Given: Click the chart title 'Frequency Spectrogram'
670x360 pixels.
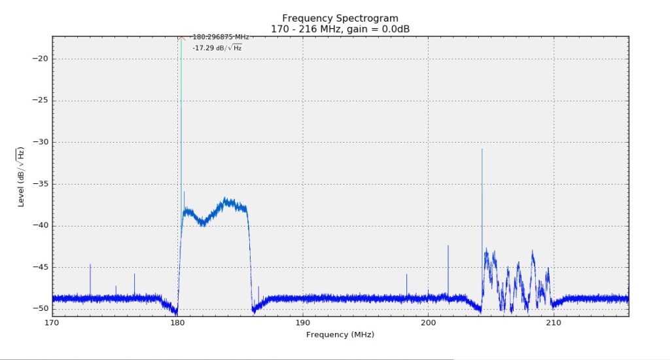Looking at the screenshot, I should tap(340, 18).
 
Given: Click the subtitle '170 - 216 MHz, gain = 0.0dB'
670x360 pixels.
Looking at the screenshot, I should tap(340, 28).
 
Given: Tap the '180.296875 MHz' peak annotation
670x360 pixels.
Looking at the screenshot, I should tap(220, 37).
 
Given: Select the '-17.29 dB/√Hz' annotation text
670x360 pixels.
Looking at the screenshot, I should tap(217, 48).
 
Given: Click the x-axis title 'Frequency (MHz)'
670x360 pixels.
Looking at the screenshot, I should tap(340, 334).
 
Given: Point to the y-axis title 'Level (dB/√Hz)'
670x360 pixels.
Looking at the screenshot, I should tap(21, 177).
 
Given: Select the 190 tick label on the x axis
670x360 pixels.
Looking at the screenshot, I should tap(303, 323).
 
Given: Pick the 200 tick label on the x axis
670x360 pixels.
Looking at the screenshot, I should tap(428, 323).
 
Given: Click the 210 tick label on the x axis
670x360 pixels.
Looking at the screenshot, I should tap(554, 323).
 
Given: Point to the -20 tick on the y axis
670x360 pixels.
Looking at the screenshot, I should tap(39, 59).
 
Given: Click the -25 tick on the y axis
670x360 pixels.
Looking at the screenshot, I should tap(39, 101).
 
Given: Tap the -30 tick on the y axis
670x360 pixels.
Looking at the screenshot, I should tap(39, 142).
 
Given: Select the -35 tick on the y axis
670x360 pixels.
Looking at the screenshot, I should tap(39, 184).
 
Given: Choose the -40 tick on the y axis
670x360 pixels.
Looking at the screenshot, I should tap(39, 225).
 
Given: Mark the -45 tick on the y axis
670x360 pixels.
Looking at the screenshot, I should tap(39, 267).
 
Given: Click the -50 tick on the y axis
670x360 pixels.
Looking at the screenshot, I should tap(39, 308).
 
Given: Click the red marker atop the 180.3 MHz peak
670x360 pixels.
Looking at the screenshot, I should tap(181, 38).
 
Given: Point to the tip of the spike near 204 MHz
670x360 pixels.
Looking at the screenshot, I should tap(482, 149).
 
